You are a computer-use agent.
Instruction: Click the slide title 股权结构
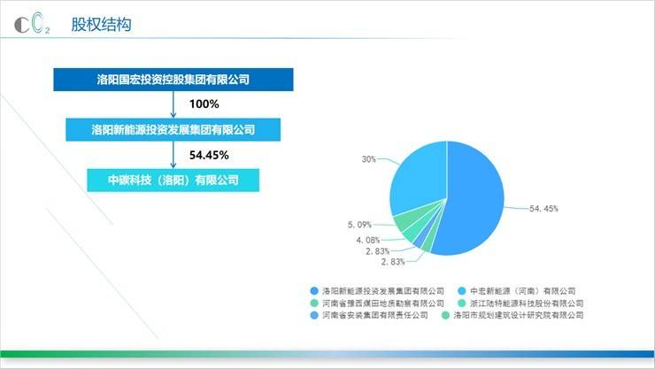[101, 25]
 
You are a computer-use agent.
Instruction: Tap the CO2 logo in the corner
[32, 24]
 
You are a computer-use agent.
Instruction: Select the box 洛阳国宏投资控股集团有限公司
[173, 80]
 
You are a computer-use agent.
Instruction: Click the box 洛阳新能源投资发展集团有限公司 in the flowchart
[173, 130]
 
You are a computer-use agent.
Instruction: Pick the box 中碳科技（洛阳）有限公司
[173, 181]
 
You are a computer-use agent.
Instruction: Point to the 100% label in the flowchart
[204, 104]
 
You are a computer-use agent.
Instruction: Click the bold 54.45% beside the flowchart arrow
[209, 155]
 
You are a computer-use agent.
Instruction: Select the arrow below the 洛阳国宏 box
[173, 104]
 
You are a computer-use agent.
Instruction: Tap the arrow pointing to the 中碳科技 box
[173, 155]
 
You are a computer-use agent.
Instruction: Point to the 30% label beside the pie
[369, 159]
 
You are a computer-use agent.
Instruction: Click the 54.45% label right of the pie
[543, 208]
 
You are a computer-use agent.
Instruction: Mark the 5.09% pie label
[359, 225]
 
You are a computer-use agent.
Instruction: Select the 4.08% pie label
[368, 240]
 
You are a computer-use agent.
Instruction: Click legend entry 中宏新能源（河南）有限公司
[517, 291]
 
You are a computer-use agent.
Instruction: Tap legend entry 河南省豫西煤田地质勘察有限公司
[377, 303]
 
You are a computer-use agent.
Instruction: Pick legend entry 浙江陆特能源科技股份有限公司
[521, 303]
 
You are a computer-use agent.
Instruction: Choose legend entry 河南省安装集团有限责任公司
[369, 315]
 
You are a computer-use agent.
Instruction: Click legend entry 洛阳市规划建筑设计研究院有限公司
[512, 315]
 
